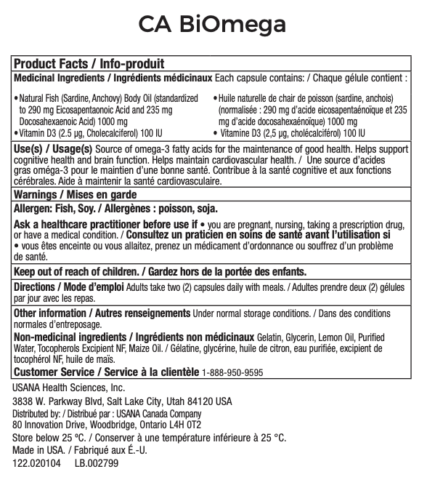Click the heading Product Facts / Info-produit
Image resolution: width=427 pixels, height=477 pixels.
click(x=89, y=64)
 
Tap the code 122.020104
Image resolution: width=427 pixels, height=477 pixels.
click(x=37, y=462)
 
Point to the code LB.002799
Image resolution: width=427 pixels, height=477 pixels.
click(x=97, y=462)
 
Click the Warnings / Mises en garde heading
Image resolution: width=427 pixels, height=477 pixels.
click(x=75, y=195)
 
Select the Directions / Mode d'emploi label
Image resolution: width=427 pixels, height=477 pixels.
click(x=69, y=287)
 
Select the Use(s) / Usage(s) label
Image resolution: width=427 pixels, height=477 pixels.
click(x=52, y=148)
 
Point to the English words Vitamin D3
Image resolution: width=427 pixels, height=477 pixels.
click(x=39, y=134)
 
